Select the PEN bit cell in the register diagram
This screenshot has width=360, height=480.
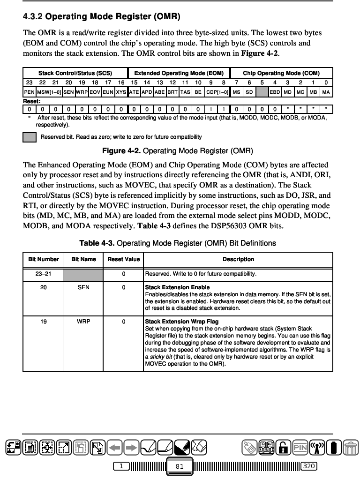[x=29, y=92]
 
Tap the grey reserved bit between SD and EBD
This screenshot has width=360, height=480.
[x=262, y=92]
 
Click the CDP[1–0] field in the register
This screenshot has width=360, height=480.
[x=217, y=92]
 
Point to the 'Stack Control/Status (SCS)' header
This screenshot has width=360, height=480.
[x=75, y=73]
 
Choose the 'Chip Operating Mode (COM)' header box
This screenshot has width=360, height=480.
[x=281, y=73]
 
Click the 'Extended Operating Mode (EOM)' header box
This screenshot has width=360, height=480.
[x=179, y=73]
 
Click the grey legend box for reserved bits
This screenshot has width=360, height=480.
[x=30, y=137]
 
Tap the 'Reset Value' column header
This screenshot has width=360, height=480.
[x=124, y=259]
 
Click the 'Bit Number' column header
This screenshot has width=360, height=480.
[x=44, y=259]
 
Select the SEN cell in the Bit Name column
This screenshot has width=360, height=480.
[x=83, y=287]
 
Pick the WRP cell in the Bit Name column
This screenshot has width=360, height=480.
[x=83, y=322]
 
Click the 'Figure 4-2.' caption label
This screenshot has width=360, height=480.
[x=121, y=151]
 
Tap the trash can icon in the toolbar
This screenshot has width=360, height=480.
[x=351, y=447]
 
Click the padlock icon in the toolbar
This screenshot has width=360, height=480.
[x=283, y=447]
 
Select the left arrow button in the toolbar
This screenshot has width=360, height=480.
[x=115, y=447]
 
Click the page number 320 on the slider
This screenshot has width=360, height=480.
[x=308, y=466]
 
